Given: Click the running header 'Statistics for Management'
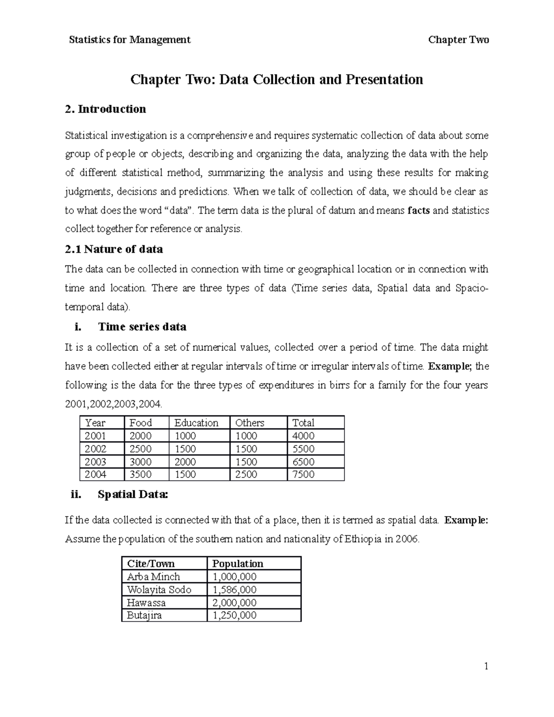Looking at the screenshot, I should tap(129, 40).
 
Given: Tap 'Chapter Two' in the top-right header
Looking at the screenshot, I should tap(458, 40).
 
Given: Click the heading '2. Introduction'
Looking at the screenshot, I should tap(105, 109).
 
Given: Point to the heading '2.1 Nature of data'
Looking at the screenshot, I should tap(114, 249).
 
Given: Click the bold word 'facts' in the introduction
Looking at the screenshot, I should tap(419, 211).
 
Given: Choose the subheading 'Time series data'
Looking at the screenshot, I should tap(142, 327).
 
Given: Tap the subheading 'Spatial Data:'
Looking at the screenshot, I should tap(133, 494).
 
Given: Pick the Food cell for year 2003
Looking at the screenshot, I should tap(140, 462).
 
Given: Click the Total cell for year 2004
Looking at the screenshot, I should tap(303, 475).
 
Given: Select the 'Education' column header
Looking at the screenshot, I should tap(196, 423).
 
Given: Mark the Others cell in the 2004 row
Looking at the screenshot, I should tap(246, 475).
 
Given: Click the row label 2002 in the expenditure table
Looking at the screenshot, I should tap(95, 449).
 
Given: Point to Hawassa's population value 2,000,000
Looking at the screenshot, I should tap(234, 603).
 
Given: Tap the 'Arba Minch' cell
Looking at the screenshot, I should tap(153, 577).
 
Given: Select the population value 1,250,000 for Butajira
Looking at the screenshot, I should tap(234, 615).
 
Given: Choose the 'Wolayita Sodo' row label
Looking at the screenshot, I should tap(159, 590).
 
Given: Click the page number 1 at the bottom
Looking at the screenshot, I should tap(486, 666).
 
